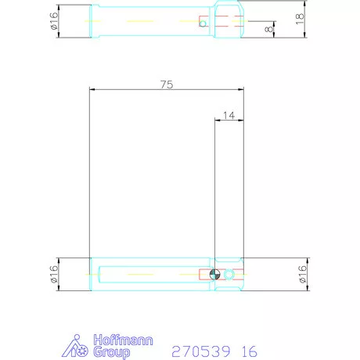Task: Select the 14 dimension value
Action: [x=229, y=114]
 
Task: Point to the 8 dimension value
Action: [x=270, y=29]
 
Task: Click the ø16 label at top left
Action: [x=54, y=20]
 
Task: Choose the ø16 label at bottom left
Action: [x=54, y=274]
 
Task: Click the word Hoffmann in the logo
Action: [x=123, y=340]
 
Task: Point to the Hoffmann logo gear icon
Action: [x=77, y=347]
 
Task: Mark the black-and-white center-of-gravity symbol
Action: [x=215, y=275]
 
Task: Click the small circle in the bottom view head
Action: [x=229, y=275]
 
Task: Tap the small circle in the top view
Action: [x=203, y=23]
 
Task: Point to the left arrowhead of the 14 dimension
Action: [x=217, y=121]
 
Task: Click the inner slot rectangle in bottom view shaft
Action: [x=149, y=275]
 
